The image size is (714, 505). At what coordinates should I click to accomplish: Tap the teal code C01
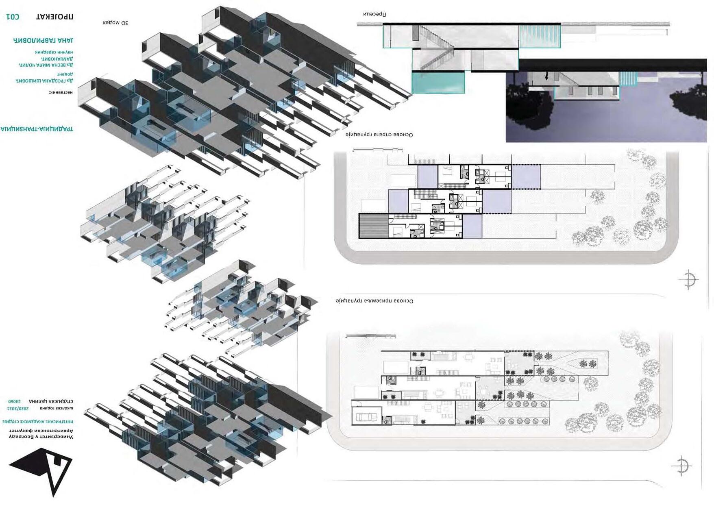tap(13, 17)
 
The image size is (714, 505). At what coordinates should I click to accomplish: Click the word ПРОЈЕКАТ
tap(55, 17)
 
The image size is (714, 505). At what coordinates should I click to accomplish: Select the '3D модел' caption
tap(115, 23)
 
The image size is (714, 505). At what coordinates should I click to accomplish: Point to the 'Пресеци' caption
tap(374, 14)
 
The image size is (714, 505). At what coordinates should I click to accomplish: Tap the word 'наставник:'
tap(61, 92)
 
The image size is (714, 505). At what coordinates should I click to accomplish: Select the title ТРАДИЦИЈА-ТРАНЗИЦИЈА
tap(37, 129)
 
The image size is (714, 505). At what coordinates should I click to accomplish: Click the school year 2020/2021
tap(18, 408)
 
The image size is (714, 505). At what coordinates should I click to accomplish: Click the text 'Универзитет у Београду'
tap(41, 436)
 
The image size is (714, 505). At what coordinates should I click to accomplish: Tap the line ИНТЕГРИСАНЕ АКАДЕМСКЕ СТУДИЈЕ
tap(37, 422)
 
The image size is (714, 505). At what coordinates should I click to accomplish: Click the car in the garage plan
tap(367, 417)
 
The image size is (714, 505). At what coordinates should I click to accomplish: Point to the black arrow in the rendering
tap(546, 76)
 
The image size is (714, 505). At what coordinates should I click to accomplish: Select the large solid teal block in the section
tap(438, 83)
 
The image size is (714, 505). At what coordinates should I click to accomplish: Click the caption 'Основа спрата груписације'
tap(379, 135)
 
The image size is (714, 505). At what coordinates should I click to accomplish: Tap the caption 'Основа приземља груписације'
tap(374, 301)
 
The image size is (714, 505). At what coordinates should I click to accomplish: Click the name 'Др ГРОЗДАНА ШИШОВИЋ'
tap(44, 81)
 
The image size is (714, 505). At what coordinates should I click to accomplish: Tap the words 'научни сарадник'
tap(54, 52)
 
